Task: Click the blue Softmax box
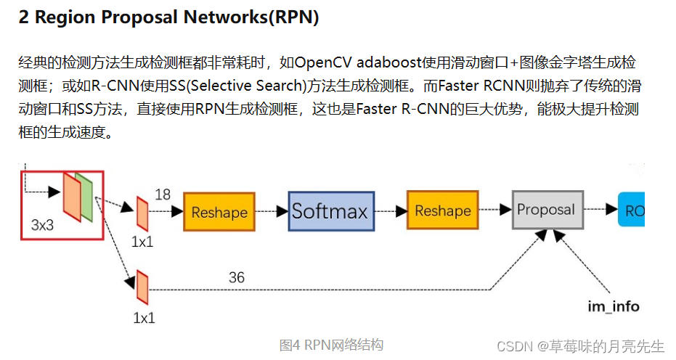(x=331, y=211)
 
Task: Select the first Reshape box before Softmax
(x=219, y=213)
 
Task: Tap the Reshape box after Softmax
(x=442, y=210)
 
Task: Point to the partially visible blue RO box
(x=631, y=210)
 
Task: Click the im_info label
(x=614, y=306)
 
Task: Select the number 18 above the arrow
(x=163, y=195)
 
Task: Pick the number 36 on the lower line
(x=237, y=277)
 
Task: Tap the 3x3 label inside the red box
(x=43, y=225)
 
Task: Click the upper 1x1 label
(x=142, y=241)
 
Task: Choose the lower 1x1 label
(x=144, y=317)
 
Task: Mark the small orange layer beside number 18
(x=142, y=214)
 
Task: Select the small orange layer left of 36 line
(x=142, y=288)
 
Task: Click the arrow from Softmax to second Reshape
(x=390, y=211)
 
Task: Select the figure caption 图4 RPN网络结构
(x=331, y=345)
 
